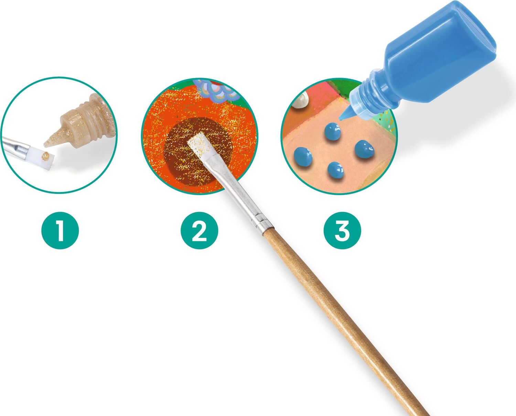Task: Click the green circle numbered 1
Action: pyautogui.click(x=60, y=231)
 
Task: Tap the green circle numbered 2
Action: pyautogui.click(x=200, y=231)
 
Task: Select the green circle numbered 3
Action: pyautogui.click(x=342, y=231)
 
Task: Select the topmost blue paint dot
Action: pyautogui.click(x=332, y=131)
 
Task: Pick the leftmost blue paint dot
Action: pyautogui.click(x=303, y=156)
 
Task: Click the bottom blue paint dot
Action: pyautogui.click(x=335, y=170)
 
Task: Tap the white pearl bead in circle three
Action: pyautogui.click(x=300, y=101)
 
